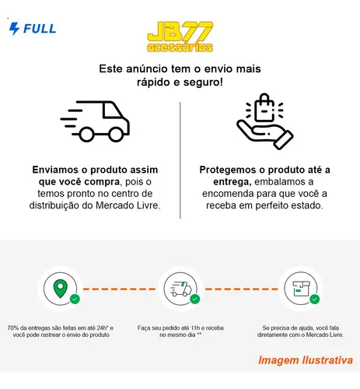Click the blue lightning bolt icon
(x=14, y=29)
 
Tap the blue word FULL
(x=40, y=29)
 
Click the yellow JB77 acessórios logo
(x=180, y=37)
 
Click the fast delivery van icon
(x=95, y=121)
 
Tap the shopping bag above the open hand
(x=264, y=108)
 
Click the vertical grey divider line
(x=180, y=160)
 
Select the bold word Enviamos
(x=55, y=170)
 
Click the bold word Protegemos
(x=229, y=170)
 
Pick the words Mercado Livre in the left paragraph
(x=127, y=205)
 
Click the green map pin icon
(x=61, y=289)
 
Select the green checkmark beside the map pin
(x=75, y=299)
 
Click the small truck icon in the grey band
(x=180, y=289)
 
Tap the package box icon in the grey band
(x=301, y=289)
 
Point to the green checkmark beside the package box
(x=315, y=299)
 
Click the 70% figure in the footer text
(x=13, y=328)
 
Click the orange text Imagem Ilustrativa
(x=306, y=360)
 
